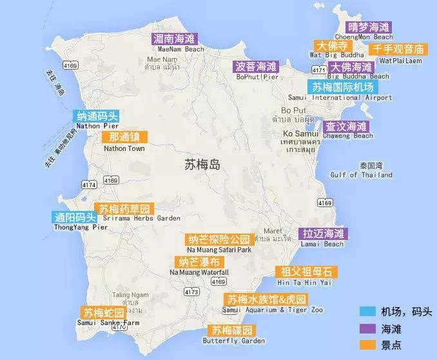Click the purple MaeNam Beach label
pyautogui.click(x=177, y=39)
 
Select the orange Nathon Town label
pyautogui.click(x=124, y=137)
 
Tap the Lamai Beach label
pyautogui.click(x=324, y=234)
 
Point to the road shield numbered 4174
pyautogui.click(x=89, y=185)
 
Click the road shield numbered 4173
pyautogui.click(x=191, y=292)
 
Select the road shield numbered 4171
pyautogui.click(x=318, y=69)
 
